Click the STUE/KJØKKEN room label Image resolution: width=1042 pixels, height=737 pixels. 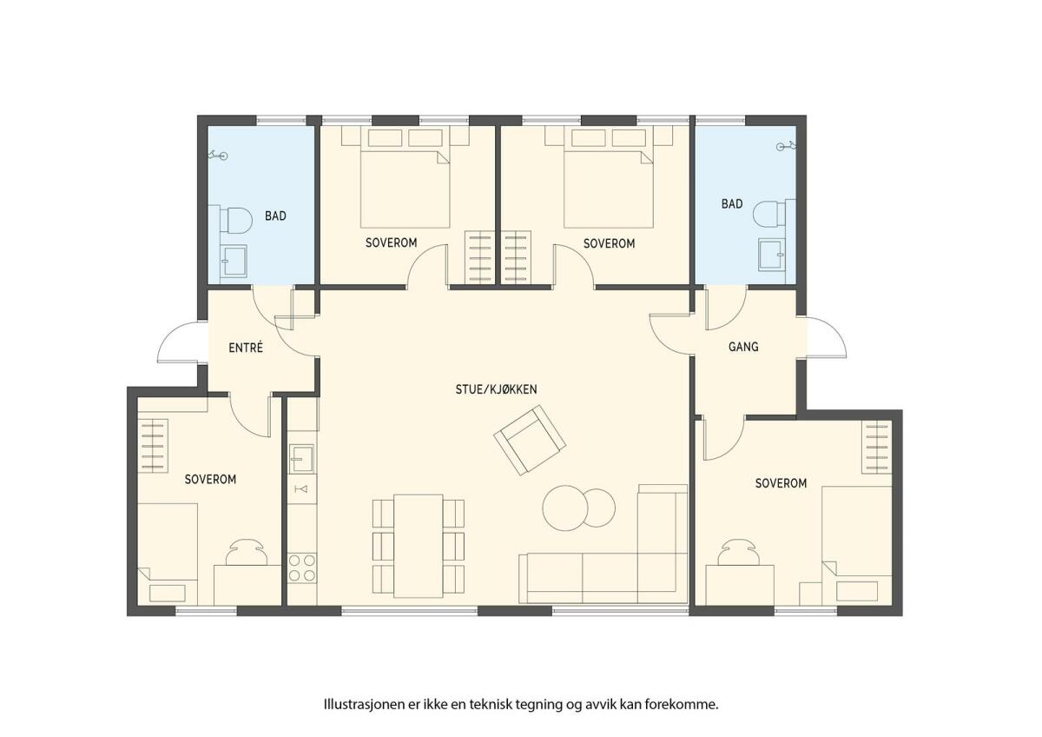[x=496, y=389]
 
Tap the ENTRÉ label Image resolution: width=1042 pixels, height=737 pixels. [x=246, y=348]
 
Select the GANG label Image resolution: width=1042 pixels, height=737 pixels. [x=743, y=347]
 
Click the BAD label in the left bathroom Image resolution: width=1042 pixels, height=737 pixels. [x=275, y=216]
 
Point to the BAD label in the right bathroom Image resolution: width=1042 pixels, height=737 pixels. [x=732, y=203]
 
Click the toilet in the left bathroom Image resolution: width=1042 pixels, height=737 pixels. [x=236, y=220]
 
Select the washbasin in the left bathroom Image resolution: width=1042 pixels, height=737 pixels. [x=234, y=262]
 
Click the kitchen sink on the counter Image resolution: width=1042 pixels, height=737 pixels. [x=301, y=458]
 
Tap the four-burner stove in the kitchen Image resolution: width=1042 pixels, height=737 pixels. [x=302, y=568]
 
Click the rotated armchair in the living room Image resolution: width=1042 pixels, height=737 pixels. [x=530, y=440]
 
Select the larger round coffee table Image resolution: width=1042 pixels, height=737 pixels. [x=564, y=508]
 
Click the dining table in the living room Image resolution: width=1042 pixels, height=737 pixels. [x=419, y=546]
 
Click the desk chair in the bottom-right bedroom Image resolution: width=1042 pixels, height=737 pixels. [x=740, y=552]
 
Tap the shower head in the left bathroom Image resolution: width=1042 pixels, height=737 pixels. [x=218, y=155]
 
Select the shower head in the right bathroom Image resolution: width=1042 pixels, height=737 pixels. [x=786, y=147]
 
